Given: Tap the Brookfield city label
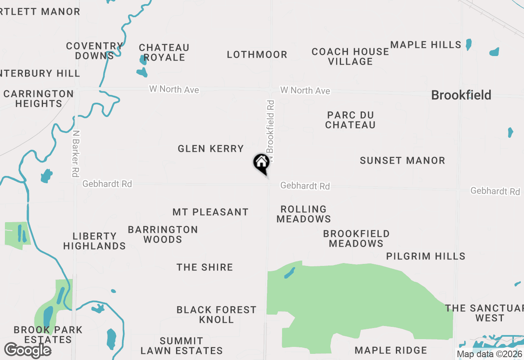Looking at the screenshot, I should pyautogui.click(x=461, y=95).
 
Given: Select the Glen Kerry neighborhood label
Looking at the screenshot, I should pyautogui.click(x=211, y=148).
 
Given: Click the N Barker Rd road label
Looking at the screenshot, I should pyautogui.click(x=75, y=153).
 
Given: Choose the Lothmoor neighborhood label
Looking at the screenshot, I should pyautogui.click(x=257, y=54).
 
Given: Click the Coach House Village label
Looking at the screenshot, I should pyautogui.click(x=350, y=56).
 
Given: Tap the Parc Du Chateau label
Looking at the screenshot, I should pyautogui.click(x=350, y=120).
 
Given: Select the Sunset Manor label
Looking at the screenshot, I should pyautogui.click(x=402, y=160).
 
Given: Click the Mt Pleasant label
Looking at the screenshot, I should pyautogui.click(x=210, y=212).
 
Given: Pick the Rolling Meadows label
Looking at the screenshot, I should pyautogui.click(x=304, y=214).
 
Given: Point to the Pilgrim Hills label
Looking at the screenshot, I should pyautogui.click(x=426, y=256).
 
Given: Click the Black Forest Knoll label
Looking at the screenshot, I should pyautogui.click(x=217, y=315).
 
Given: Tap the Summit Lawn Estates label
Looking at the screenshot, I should pyautogui.click(x=182, y=346).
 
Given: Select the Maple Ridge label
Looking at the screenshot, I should pyautogui.click(x=391, y=350).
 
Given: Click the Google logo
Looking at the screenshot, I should pyautogui.click(x=27, y=350).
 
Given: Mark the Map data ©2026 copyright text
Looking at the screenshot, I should pyautogui.click(x=489, y=354).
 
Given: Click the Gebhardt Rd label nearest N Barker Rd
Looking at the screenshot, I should pyautogui.click(x=107, y=184).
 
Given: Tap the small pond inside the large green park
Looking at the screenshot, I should pyautogui.click(x=289, y=273).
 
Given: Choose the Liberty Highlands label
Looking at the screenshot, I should pyautogui.click(x=95, y=241).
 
